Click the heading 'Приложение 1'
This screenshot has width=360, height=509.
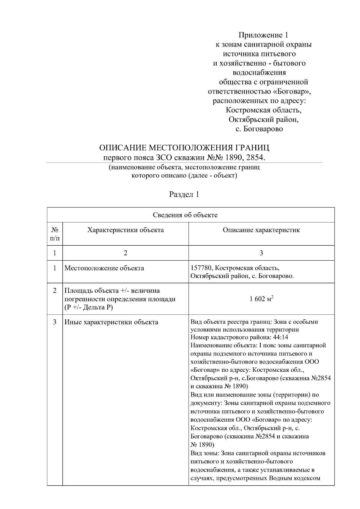click(263, 35)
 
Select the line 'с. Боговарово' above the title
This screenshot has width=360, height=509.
click(259, 129)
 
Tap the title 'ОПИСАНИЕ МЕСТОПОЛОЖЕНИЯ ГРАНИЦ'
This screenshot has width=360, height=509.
click(184, 148)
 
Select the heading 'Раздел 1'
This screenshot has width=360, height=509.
click(184, 194)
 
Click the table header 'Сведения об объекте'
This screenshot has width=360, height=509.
click(185, 215)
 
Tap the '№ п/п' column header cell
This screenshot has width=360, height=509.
click(55, 234)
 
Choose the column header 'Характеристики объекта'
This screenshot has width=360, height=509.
click(125, 230)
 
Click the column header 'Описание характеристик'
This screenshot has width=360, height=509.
click(261, 230)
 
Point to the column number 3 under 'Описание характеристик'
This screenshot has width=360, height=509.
click(261, 253)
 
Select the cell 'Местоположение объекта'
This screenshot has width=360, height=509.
click(104, 268)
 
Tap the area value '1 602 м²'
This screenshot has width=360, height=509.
click(261, 299)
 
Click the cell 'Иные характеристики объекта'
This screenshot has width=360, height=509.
click(111, 322)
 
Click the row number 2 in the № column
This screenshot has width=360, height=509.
click(55, 291)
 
